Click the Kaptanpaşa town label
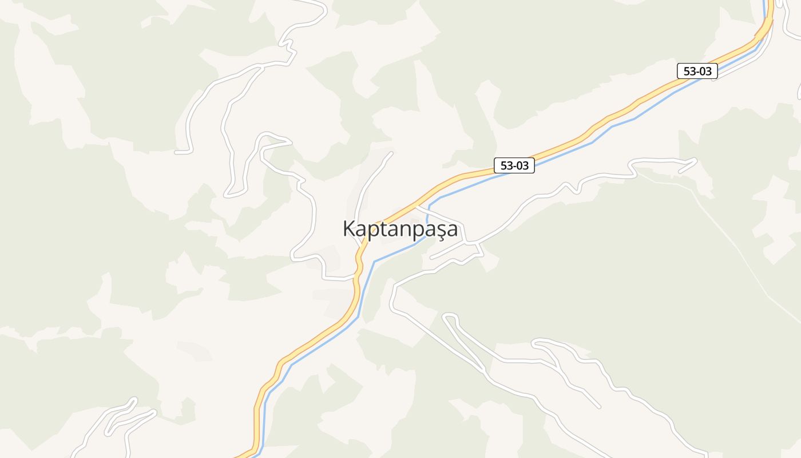[400, 228]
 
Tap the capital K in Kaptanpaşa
[349, 228]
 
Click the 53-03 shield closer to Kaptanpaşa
[514, 166]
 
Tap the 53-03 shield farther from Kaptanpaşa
[697, 71]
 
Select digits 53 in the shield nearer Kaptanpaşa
[506, 166]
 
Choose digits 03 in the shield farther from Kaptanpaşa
[705, 71]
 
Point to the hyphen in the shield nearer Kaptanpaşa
[514, 166]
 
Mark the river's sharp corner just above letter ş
[429, 204]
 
